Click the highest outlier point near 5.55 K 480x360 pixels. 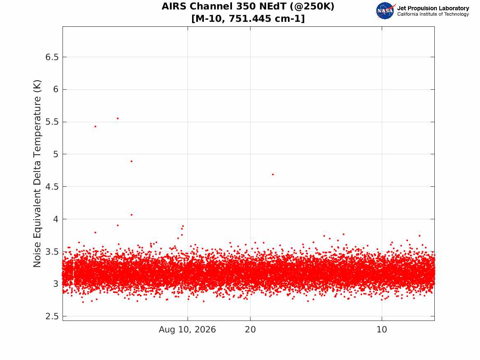(118, 118)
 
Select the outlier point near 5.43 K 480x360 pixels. (95, 126)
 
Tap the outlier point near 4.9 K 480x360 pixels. (131, 161)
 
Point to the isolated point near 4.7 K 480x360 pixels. (273, 174)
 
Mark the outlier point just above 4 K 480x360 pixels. (132, 215)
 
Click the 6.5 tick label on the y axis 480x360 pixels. (52, 57)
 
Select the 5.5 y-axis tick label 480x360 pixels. (52, 122)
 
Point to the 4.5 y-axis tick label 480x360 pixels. (52, 187)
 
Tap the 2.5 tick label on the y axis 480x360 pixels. (52, 316)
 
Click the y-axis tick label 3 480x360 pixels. (56, 284)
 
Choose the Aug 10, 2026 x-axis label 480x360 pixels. (187, 330)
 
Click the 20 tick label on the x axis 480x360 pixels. (250, 330)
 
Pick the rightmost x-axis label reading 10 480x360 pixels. (382, 330)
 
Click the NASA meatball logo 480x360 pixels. (385, 11)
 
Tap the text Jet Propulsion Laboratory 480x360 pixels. (433, 8)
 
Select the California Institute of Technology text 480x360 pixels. (433, 14)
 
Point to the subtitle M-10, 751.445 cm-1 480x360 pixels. (248, 19)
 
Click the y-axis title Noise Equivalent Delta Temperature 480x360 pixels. (37, 174)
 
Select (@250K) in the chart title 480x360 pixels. (312, 6)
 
